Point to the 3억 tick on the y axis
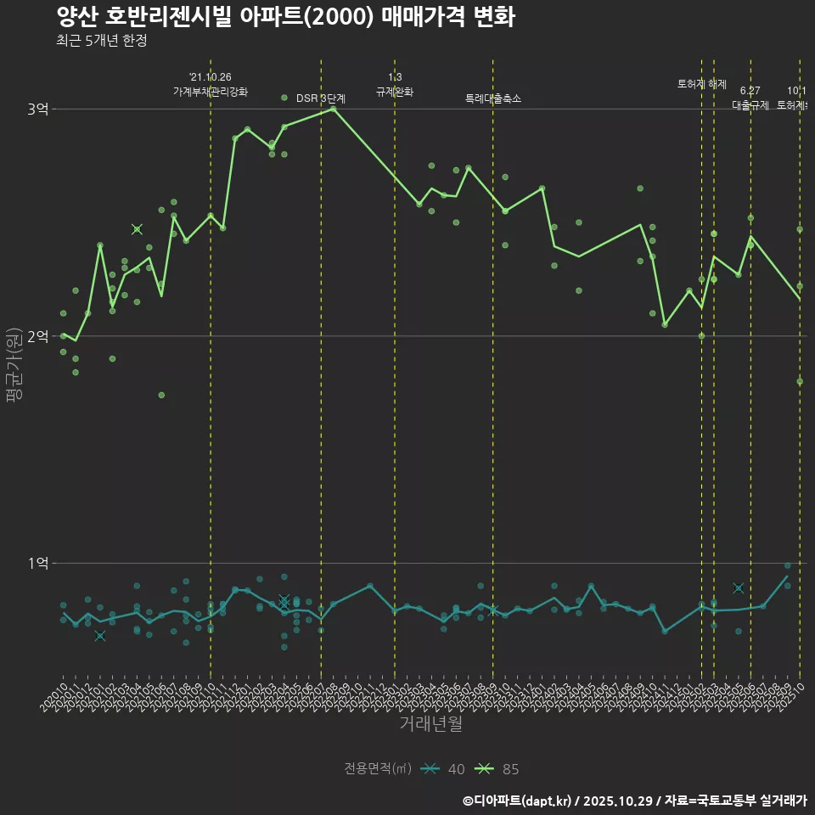[38, 110]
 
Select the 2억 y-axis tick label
[38, 336]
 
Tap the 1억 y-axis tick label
[38, 563]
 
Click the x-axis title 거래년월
[431, 724]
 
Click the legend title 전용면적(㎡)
[378, 769]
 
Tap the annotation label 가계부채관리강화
[211, 91]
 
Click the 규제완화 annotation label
[395, 91]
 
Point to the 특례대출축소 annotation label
[493, 98]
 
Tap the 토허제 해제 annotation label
[702, 84]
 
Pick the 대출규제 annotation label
[750, 105]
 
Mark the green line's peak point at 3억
[334, 109]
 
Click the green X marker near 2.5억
[137, 229]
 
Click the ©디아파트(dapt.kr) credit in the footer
[516, 801]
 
